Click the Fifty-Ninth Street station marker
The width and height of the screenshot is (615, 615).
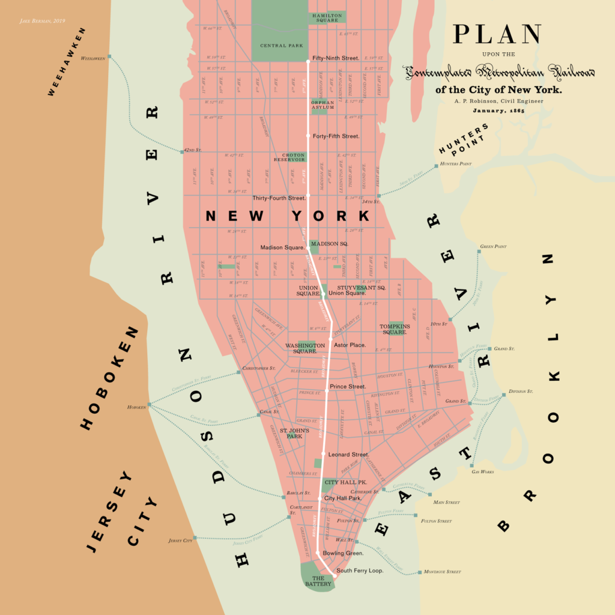click(x=308, y=61)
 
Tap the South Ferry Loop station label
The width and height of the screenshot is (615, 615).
click(x=360, y=571)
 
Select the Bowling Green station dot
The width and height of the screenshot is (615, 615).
click(x=318, y=551)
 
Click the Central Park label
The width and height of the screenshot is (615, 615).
click(x=282, y=46)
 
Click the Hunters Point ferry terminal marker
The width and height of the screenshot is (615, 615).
click(x=437, y=166)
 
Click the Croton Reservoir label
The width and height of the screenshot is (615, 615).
click(x=290, y=157)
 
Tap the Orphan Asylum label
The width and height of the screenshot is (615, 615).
click(x=322, y=105)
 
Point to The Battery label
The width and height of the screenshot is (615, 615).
click(x=317, y=581)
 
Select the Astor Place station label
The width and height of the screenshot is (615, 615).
click(x=350, y=345)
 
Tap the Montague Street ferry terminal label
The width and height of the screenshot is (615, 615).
click(x=442, y=572)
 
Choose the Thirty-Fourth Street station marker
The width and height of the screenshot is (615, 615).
click(x=308, y=195)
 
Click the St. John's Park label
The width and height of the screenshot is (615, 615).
click(x=294, y=434)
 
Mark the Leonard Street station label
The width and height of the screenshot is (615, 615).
click(x=349, y=455)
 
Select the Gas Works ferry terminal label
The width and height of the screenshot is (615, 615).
click(x=483, y=472)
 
